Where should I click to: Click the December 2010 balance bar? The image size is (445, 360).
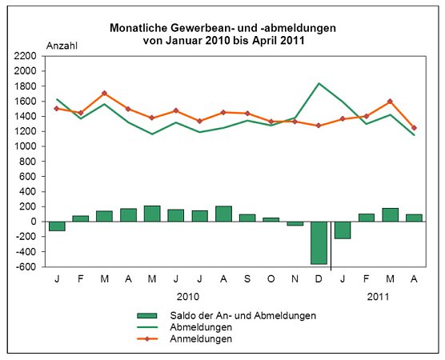pyautogui.click(x=319, y=242)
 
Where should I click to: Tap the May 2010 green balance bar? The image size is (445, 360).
pyautogui.click(x=151, y=214)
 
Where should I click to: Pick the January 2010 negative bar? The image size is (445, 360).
pyautogui.click(x=56, y=226)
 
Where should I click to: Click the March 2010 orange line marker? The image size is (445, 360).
pyautogui.click(x=104, y=94)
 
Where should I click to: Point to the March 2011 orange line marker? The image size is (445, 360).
pyautogui.click(x=391, y=102)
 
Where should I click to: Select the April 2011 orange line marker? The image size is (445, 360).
pyautogui.click(x=415, y=128)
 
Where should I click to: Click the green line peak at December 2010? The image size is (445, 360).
pyautogui.click(x=319, y=83)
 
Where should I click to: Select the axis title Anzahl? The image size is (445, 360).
pyautogui.click(x=62, y=46)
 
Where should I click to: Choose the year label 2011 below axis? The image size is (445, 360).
pyautogui.click(x=379, y=296)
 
